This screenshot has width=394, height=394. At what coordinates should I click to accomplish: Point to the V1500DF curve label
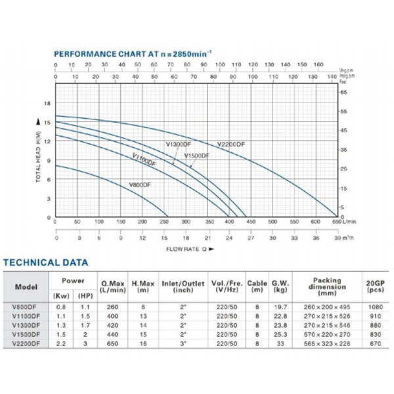tap(197, 156)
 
